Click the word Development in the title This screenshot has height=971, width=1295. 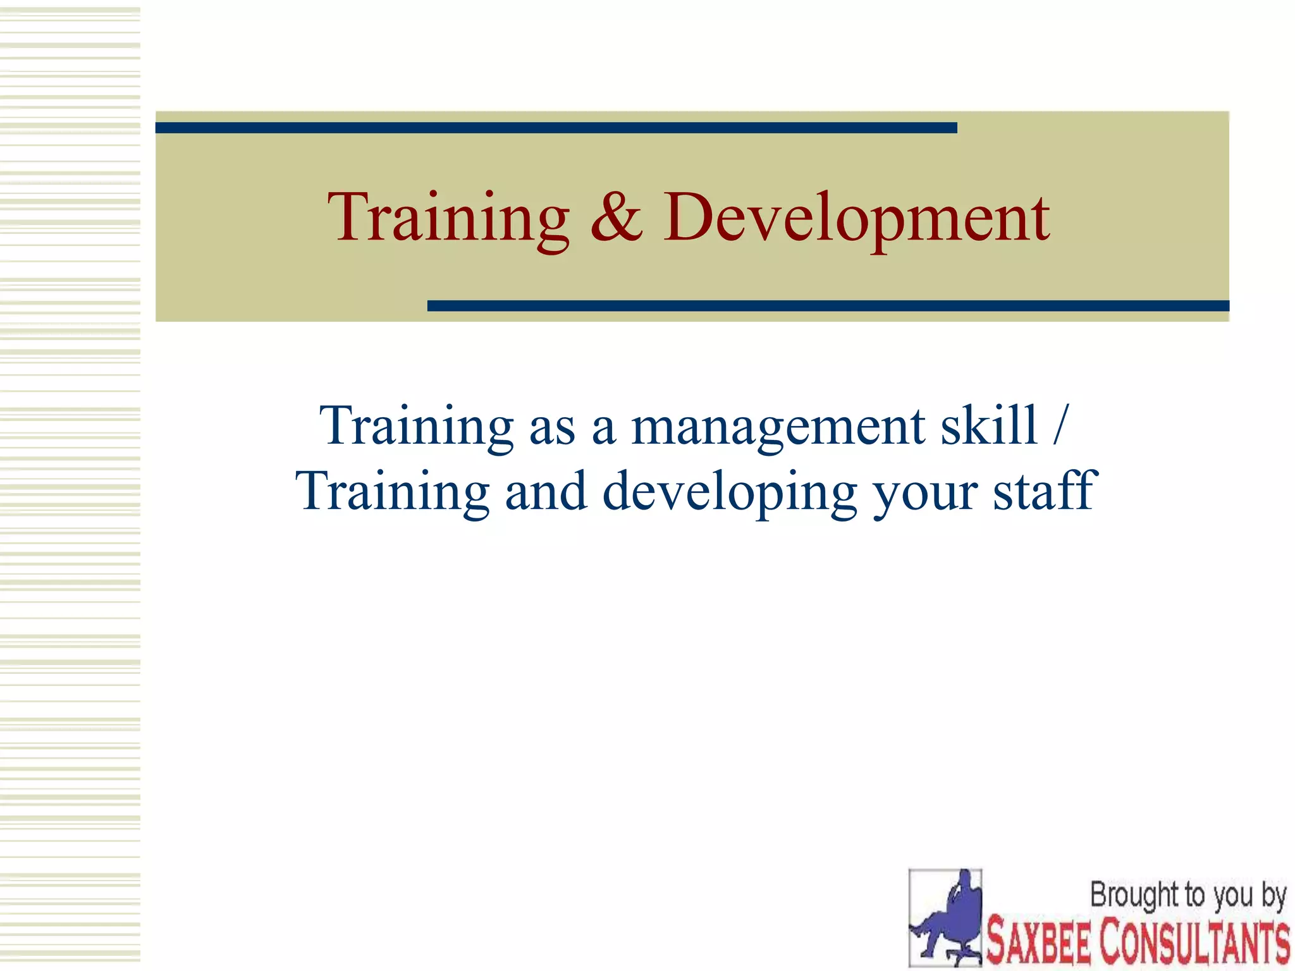(x=857, y=218)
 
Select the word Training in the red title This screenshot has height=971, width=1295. (x=448, y=218)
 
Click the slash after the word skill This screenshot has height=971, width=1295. (x=1060, y=425)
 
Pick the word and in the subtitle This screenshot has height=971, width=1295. (x=546, y=491)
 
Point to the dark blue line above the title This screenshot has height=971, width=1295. (x=556, y=128)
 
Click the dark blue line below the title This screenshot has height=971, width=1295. (x=828, y=306)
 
